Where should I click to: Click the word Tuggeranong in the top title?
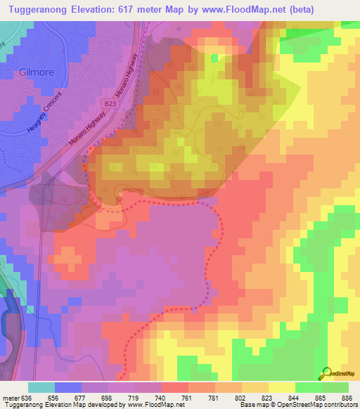tap(44, 9)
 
